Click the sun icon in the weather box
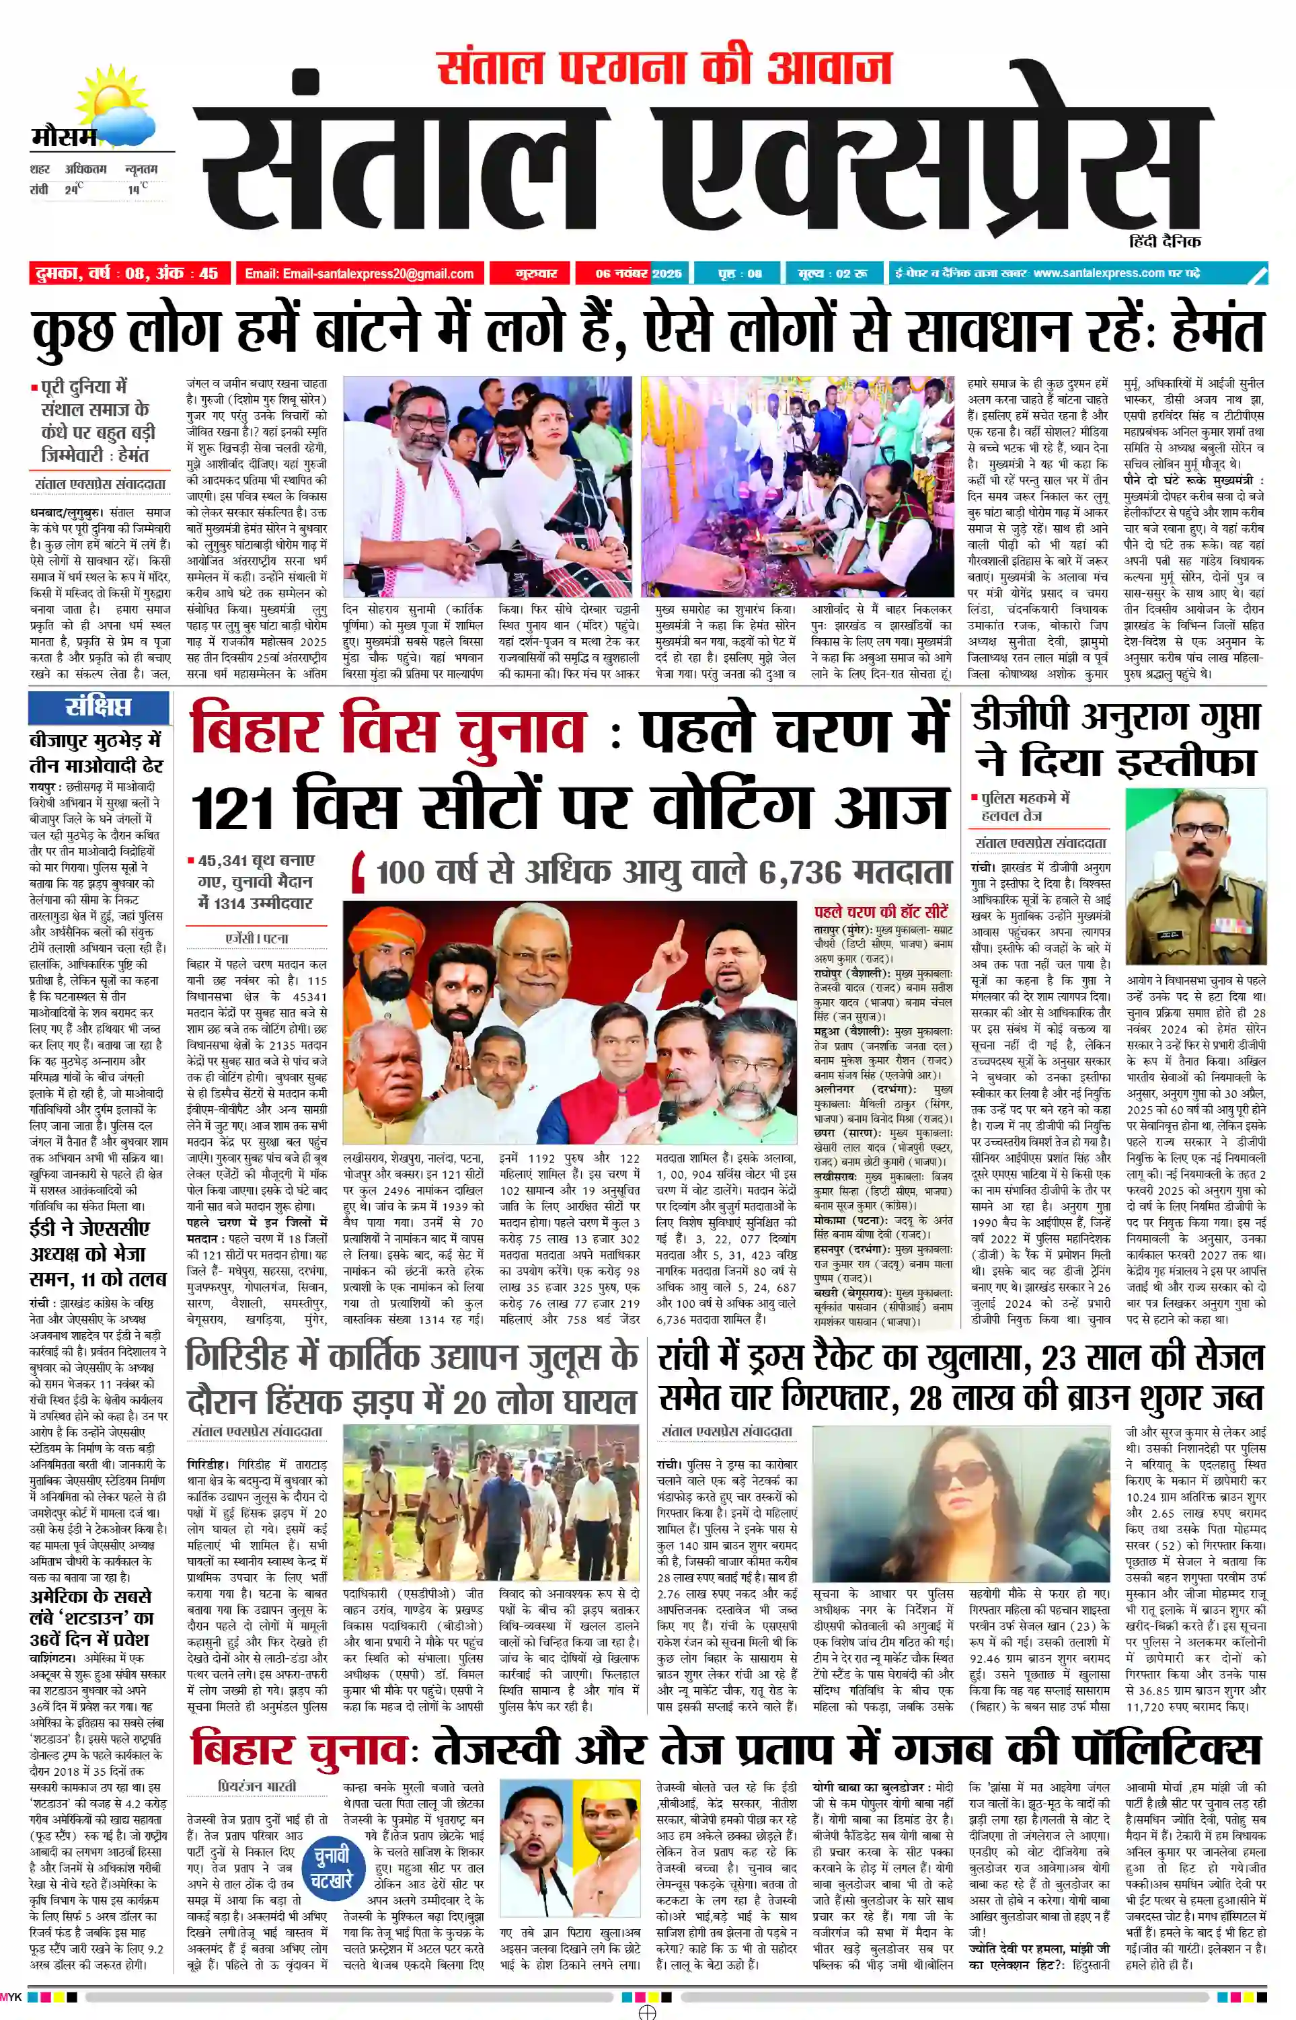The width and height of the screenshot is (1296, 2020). pos(108,103)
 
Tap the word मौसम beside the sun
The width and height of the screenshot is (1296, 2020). pos(63,137)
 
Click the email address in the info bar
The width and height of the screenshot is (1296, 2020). pos(359,274)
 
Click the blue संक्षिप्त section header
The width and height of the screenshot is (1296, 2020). pos(98,707)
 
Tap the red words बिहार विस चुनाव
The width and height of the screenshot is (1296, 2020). pos(387,730)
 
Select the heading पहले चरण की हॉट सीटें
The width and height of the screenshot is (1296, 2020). pos(880,912)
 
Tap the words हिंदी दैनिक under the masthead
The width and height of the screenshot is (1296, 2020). pos(1166,241)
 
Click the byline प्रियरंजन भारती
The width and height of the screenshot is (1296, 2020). pos(257,1785)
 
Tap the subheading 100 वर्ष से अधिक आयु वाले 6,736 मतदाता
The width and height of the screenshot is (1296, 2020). pos(663,872)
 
